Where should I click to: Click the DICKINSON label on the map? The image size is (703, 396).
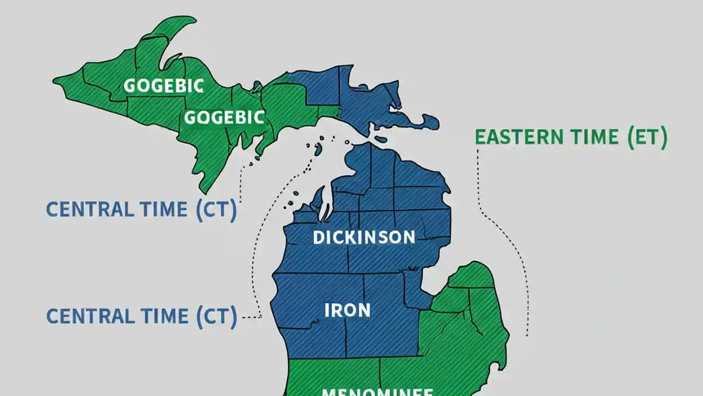click(x=364, y=238)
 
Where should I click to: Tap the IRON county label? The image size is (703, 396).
click(x=347, y=310)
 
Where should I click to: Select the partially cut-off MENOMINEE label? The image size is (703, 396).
click(x=377, y=392)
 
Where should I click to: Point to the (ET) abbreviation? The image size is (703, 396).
click(x=647, y=136)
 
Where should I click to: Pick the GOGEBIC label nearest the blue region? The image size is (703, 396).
click(x=225, y=117)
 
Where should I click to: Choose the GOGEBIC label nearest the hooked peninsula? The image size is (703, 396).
click(x=164, y=86)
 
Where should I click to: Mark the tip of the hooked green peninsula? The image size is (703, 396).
click(x=193, y=21)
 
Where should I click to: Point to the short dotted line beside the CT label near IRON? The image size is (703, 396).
click(x=252, y=317)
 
